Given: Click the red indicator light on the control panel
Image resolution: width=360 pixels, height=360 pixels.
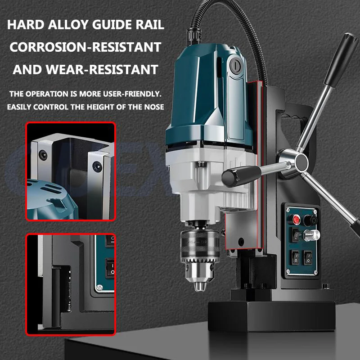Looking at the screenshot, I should pos(297,219).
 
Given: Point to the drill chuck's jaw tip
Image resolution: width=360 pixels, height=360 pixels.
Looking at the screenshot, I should pos(198,284).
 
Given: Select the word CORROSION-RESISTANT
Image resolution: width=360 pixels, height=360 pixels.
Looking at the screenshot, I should pos(85,47).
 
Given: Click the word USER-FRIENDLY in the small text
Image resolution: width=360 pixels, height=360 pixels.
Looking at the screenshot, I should pos(128,95).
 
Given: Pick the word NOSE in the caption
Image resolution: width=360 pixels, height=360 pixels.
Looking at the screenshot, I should pos(153,107).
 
